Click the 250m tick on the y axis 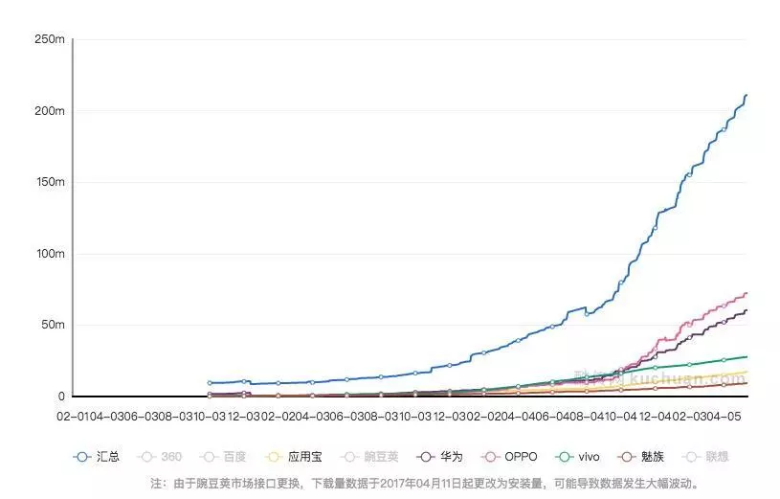(x=49, y=39)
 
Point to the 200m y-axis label (x=49, y=111)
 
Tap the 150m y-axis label (x=49, y=182)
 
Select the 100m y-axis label (x=49, y=254)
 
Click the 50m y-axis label (x=52, y=325)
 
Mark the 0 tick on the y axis (x=60, y=396)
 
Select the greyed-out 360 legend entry (x=163, y=457)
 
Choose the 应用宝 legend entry (x=294, y=457)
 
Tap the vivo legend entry (x=581, y=457)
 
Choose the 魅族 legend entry (x=645, y=457)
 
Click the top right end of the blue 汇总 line (x=746, y=96)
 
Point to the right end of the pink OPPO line (x=746, y=293)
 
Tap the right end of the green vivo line (x=746, y=356)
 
